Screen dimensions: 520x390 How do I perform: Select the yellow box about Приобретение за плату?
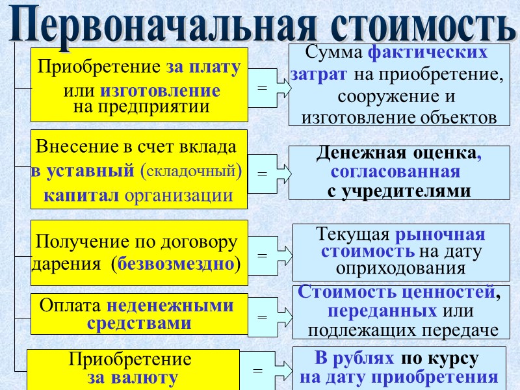[x=139, y=84]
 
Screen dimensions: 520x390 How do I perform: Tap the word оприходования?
[x=401, y=267]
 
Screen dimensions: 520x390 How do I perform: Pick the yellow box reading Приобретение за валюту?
[x=133, y=369]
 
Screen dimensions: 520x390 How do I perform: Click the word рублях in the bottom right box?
[x=369, y=359]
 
